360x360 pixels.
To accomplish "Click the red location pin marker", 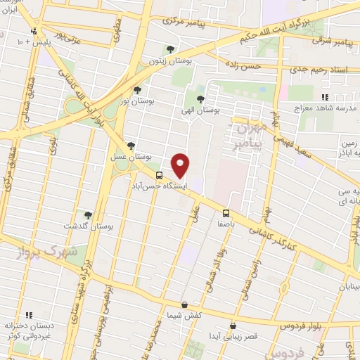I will click(x=181, y=165).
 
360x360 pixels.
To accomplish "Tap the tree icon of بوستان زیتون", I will click(x=170, y=49).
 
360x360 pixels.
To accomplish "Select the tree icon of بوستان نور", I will click(x=137, y=90).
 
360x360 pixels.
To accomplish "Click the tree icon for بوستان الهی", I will click(x=201, y=99).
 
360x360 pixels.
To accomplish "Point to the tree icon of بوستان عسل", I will click(x=131, y=146).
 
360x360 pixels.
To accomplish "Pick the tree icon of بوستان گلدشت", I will click(x=88, y=215).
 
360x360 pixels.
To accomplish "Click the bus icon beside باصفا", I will click(x=226, y=212).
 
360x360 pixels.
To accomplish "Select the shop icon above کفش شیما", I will click(x=184, y=305).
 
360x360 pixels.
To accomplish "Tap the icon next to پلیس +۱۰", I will click(x=33, y=32).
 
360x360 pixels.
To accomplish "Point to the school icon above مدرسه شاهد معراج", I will click(x=325, y=97).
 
